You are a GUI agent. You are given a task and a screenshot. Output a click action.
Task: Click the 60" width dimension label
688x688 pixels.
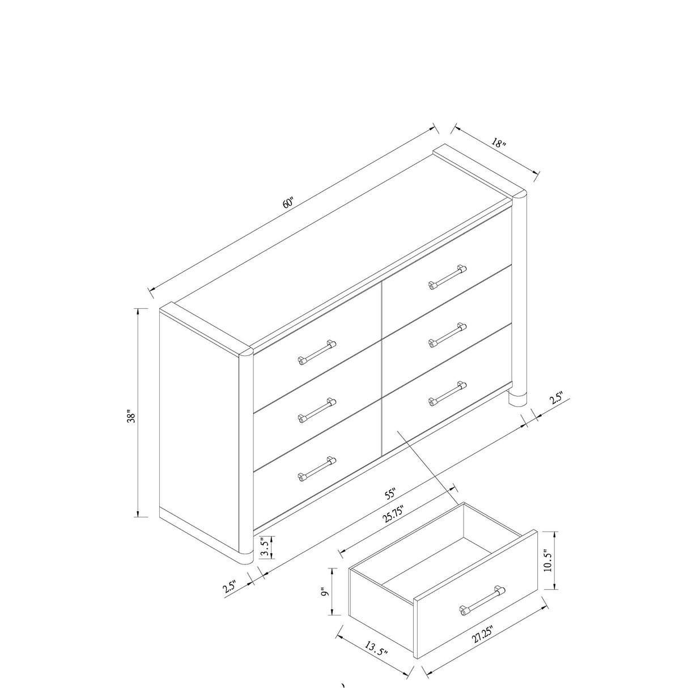pyautogui.click(x=289, y=202)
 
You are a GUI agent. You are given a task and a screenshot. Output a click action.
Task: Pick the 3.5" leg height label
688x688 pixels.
pyautogui.click(x=264, y=547)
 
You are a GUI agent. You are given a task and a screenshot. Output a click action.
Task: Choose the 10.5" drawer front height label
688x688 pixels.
pyautogui.click(x=548, y=560)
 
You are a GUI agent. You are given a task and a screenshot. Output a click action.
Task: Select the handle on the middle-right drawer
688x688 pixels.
pyautogui.click(x=448, y=334)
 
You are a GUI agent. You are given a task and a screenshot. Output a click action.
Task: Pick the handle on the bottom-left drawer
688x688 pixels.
pyautogui.click(x=317, y=468)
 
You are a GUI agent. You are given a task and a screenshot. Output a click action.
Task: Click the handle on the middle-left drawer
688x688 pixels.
pyautogui.click(x=317, y=410)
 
